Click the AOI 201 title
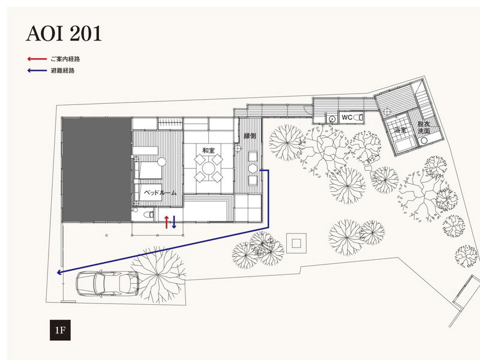(x=64, y=34)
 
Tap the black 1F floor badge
(x=61, y=330)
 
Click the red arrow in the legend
(x=37, y=59)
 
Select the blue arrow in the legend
(x=37, y=70)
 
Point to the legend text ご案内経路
(x=65, y=59)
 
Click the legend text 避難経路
(x=63, y=70)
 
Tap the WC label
(x=347, y=117)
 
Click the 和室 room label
(x=208, y=151)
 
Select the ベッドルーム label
(x=160, y=193)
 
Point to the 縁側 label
(x=250, y=136)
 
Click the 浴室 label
(x=400, y=130)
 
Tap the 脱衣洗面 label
(x=424, y=128)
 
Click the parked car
(x=107, y=283)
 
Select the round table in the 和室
(x=208, y=168)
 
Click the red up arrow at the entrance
(x=167, y=222)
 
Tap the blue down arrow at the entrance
(x=174, y=222)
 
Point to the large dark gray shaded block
(x=97, y=170)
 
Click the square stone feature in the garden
(x=296, y=244)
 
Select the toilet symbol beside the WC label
(x=358, y=117)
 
